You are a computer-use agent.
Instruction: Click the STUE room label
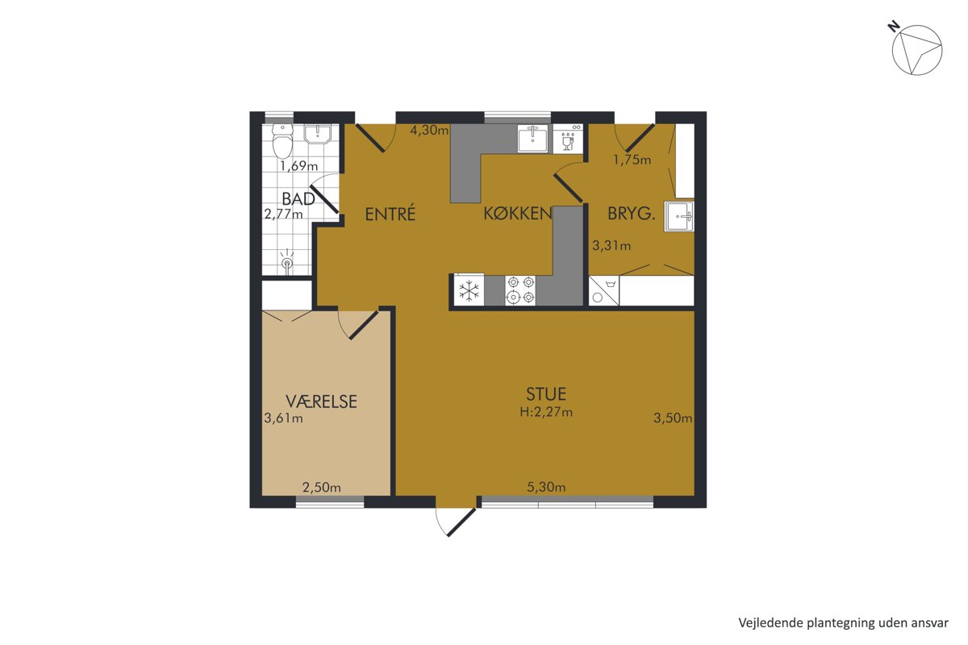(x=546, y=394)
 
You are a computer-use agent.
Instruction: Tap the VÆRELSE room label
(x=321, y=402)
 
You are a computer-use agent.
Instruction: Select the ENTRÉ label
(x=390, y=214)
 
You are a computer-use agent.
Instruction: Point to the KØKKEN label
(x=518, y=214)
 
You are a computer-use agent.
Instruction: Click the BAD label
(x=298, y=199)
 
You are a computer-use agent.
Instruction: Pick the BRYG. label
(x=632, y=214)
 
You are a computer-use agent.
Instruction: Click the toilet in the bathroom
(x=282, y=141)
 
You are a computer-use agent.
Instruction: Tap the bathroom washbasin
(x=318, y=134)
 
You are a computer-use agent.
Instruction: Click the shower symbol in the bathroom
(x=286, y=261)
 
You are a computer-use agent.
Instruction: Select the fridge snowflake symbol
(x=469, y=290)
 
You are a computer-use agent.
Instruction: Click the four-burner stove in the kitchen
(x=520, y=290)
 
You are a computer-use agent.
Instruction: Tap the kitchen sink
(x=533, y=139)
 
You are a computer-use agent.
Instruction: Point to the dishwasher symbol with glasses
(x=568, y=139)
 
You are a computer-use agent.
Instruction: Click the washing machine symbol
(x=603, y=291)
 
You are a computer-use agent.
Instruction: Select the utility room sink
(x=680, y=216)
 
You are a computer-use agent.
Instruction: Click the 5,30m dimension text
(x=546, y=487)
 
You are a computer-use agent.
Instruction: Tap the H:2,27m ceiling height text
(x=546, y=412)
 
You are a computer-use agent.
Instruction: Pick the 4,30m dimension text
(x=429, y=130)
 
